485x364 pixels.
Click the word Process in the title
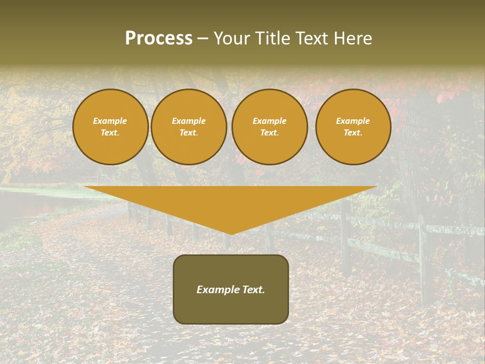159,38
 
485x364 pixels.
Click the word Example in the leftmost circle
110,121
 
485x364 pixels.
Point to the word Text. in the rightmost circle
353,132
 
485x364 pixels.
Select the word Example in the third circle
270,121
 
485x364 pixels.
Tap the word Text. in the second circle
189,132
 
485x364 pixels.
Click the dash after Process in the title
203,38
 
